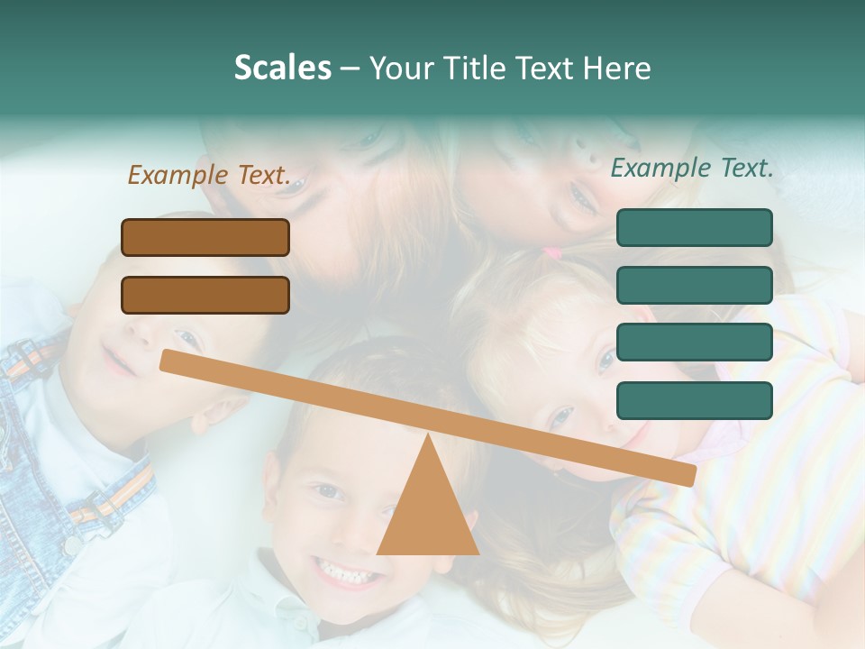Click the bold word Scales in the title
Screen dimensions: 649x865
click(x=283, y=68)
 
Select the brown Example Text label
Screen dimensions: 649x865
click(x=209, y=176)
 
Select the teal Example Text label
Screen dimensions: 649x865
click(x=692, y=168)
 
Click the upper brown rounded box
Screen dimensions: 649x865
click(x=205, y=237)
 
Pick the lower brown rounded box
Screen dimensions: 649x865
click(x=205, y=295)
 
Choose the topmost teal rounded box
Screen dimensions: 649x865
click(x=694, y=227)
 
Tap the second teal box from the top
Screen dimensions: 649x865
click(x=694, y=285)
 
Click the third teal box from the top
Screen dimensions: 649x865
click(x=694, y=343)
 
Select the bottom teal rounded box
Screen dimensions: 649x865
click(x=694, y=400)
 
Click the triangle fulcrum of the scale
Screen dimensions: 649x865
click(x=427, y=509)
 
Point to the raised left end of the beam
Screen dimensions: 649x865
click(x=168, y=360)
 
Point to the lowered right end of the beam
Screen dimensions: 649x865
click(x=688, y=475)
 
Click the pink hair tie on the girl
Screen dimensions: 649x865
click(x=551, y=254)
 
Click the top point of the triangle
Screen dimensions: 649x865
click(x=427, y=434)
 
